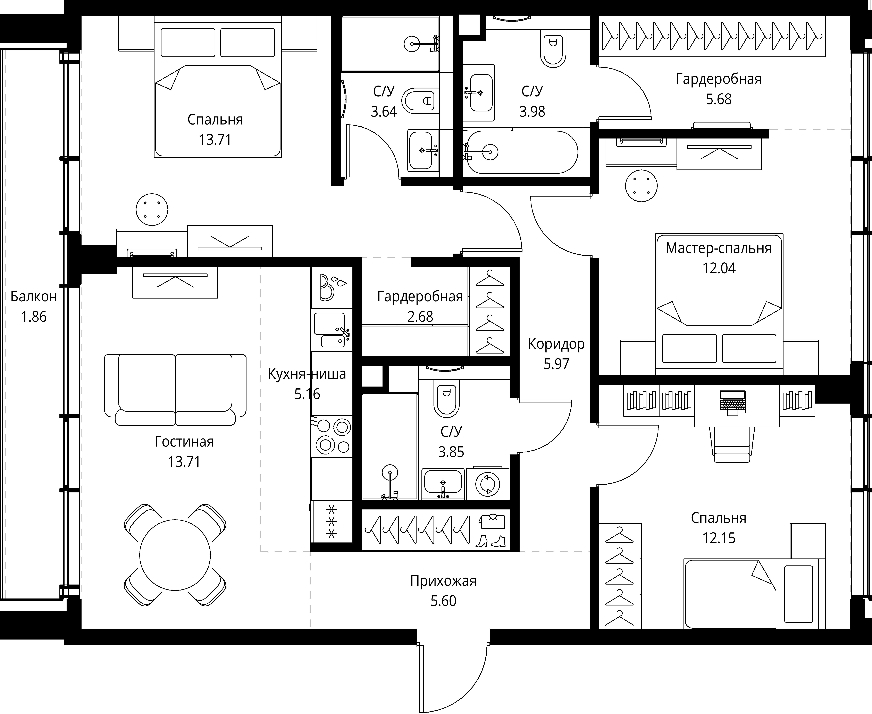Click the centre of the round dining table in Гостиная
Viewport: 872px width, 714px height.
(175, 555)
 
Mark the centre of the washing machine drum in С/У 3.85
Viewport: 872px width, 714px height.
(488, 484)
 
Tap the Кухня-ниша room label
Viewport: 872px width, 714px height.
(307, 374)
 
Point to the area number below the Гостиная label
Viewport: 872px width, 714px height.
(184, 461)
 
